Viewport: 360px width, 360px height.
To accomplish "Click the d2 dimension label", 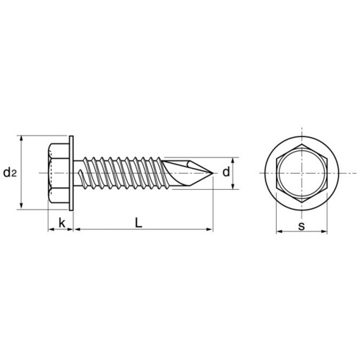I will click(10, 172).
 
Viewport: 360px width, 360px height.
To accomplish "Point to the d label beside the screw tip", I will click(226, 172).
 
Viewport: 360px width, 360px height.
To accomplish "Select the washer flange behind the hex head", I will click(72, 172).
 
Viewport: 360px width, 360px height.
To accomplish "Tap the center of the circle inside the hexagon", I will click(302, 173).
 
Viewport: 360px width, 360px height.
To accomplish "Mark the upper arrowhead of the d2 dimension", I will click(24, 140).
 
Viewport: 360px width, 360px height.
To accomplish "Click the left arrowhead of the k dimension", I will click(51, 229).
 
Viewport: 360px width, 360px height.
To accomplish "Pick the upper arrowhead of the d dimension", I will click(234, 160).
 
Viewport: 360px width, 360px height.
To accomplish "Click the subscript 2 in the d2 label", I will click(14, 174).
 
